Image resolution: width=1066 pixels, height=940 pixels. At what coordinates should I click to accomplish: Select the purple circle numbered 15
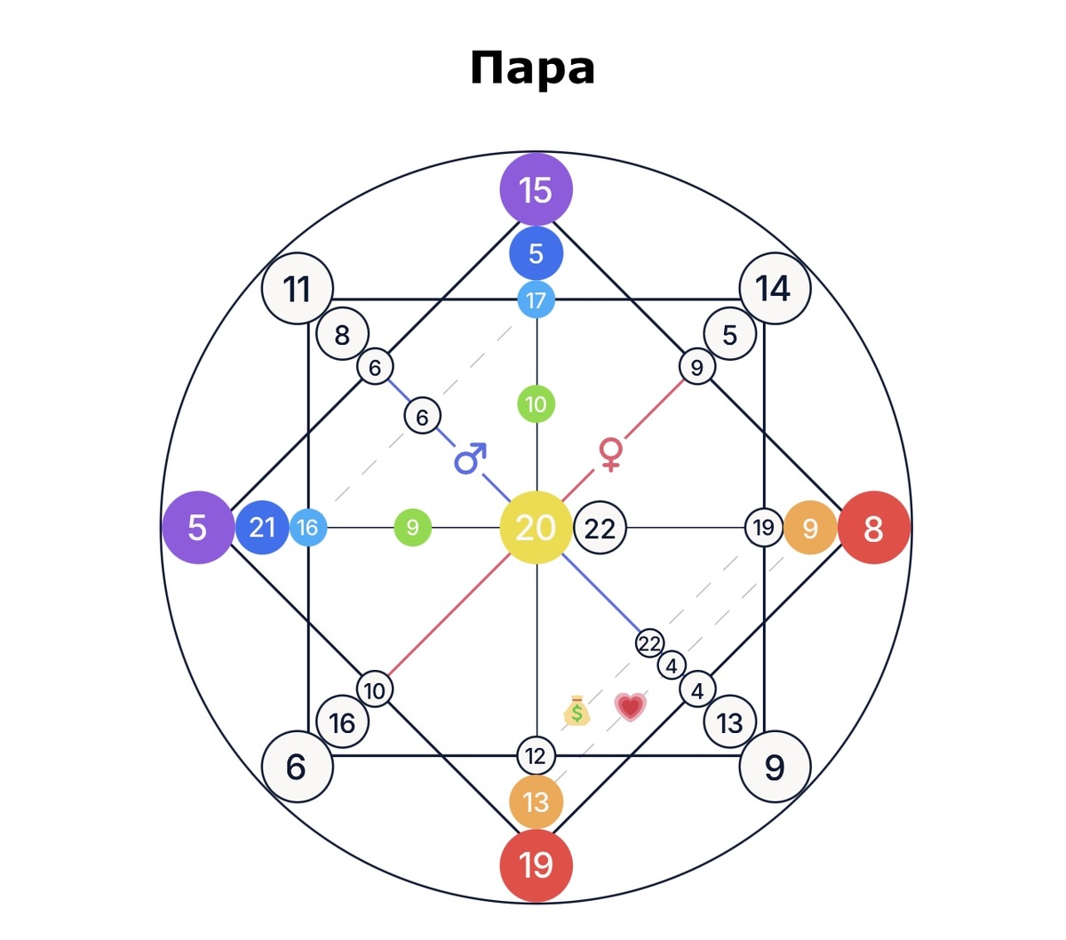click(537, 189)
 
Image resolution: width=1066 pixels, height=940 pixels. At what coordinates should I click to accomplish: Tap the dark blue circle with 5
click(537, 253)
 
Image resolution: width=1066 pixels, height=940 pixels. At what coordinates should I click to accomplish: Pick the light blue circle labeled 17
click(537, 300)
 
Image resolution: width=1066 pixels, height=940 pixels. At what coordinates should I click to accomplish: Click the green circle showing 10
click(537, 404)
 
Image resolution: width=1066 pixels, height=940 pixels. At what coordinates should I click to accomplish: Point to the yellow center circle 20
click(537, 528)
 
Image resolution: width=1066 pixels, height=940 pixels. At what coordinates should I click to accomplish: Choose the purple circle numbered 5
click(198, 528)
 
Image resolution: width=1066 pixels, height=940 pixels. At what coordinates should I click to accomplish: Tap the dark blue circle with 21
click(262, 528)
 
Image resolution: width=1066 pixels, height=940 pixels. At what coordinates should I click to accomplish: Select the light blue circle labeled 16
click(308, 528)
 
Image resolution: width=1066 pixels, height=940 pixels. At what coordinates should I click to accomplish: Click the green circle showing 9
click(413, 528)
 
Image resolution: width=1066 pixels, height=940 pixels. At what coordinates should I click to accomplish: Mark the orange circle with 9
click(810, 528)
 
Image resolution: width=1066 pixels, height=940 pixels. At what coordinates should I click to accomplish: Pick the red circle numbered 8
click(873, 528)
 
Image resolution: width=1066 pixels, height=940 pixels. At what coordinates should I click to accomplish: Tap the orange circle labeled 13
click(537, 802)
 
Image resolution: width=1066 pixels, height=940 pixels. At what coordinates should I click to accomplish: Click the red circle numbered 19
click(537, 865)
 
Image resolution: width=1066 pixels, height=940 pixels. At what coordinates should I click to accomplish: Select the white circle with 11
click(298, 289)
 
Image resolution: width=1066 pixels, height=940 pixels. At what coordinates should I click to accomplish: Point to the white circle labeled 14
click(775, 289)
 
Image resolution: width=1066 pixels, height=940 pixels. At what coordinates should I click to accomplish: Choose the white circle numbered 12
click(537, 756)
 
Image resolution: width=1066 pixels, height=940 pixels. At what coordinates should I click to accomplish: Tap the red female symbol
click(611, 455)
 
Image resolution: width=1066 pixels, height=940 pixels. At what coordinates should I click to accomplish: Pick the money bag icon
click(577, 710)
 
